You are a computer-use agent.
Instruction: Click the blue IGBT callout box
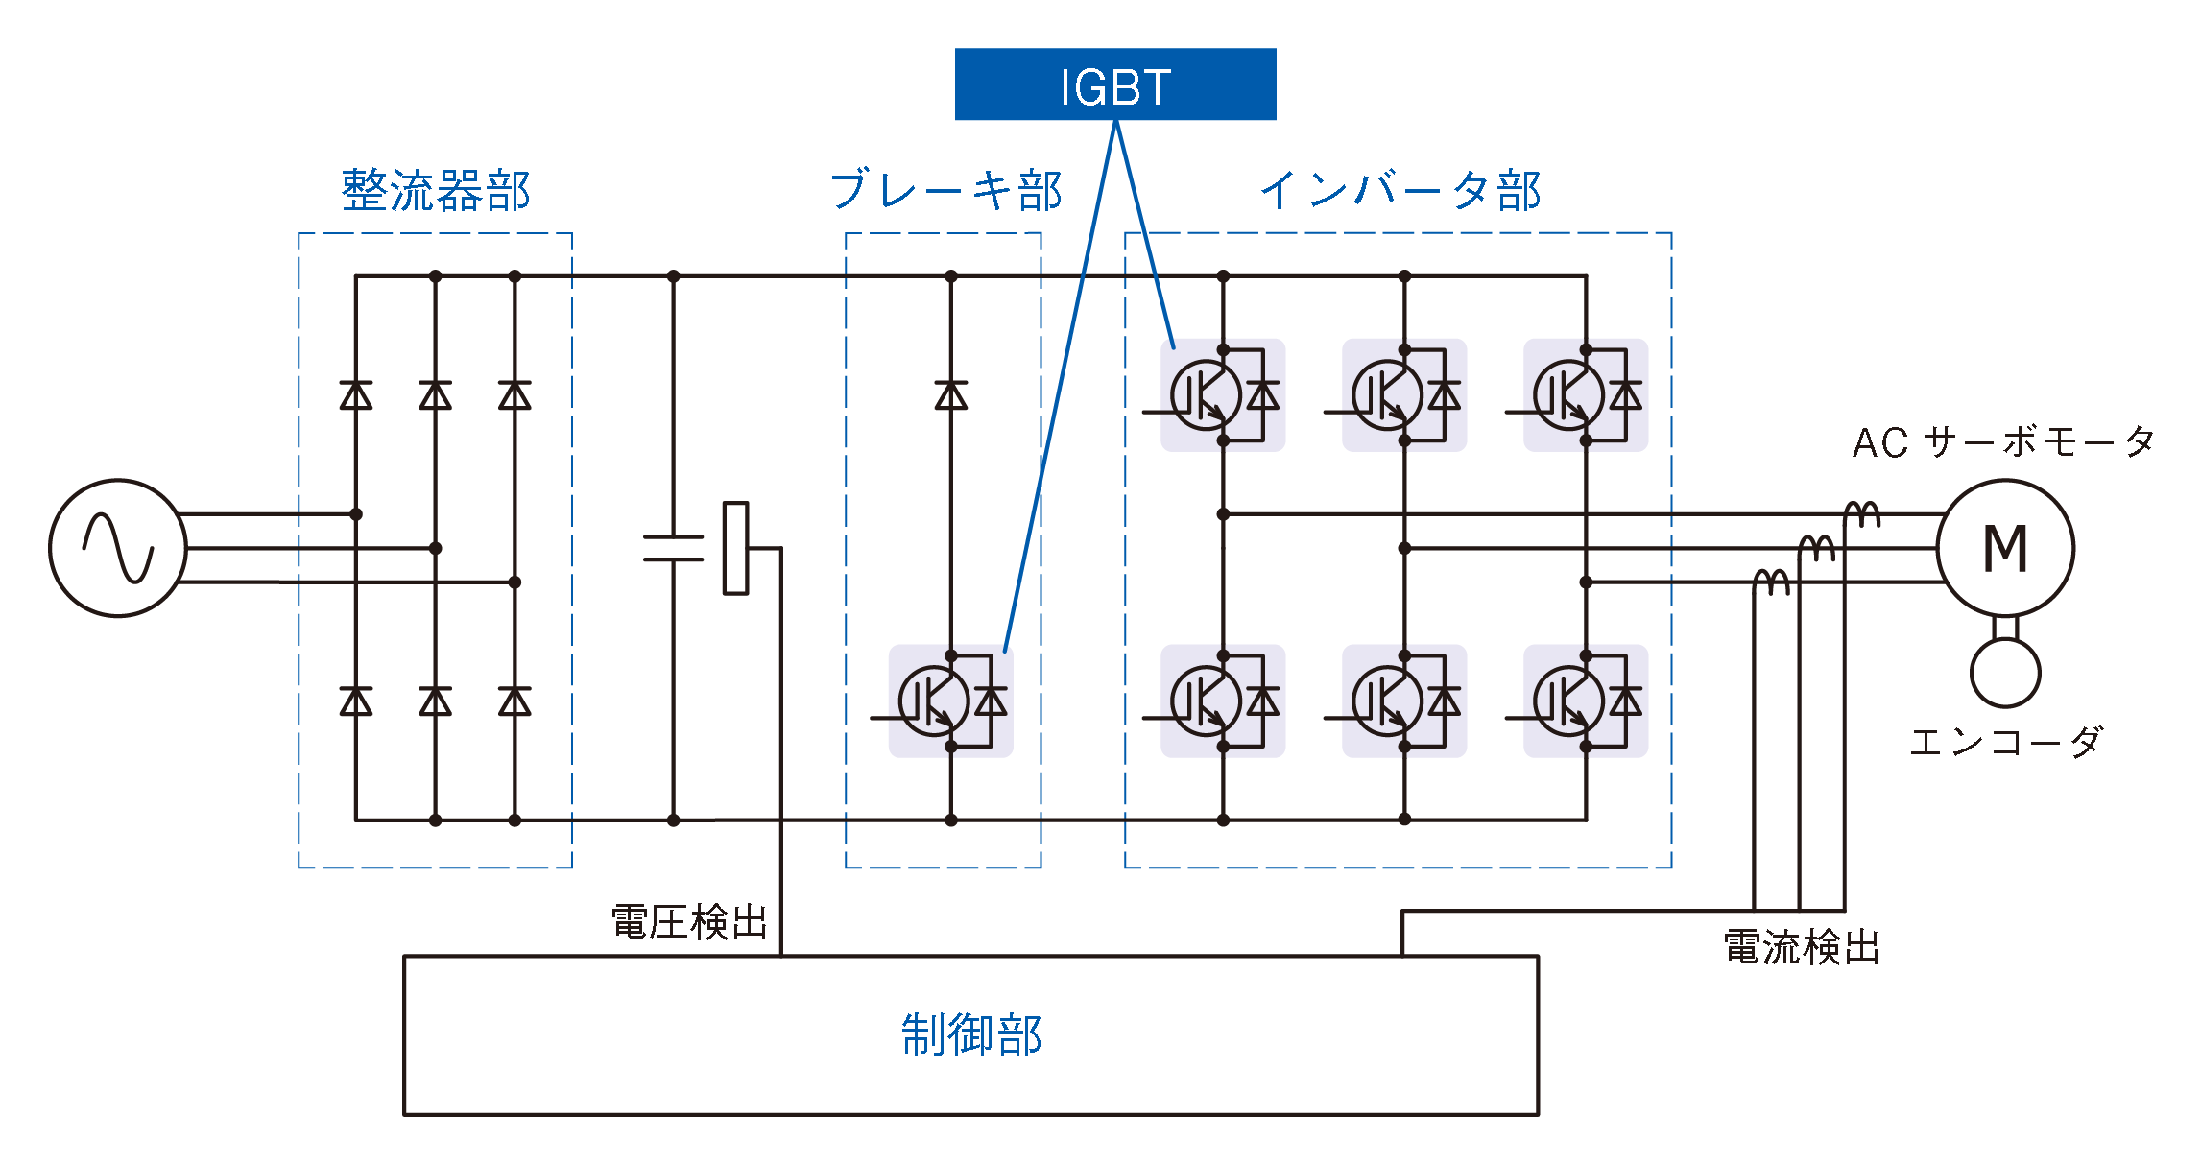tap(1114, 84)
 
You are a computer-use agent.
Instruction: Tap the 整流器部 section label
tap(436, 190)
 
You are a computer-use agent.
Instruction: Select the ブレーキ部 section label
tap(945, 190)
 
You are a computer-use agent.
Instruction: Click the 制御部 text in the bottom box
tap(971, 1034)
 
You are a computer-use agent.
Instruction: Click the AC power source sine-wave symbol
tap(118, 548)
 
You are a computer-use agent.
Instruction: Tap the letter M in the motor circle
tap(2005, 549)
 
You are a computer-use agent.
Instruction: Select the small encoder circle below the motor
tap(2005, 673)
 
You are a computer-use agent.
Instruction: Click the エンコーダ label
tap(2006, 742)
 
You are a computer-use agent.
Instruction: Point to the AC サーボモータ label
tap(2003, 442)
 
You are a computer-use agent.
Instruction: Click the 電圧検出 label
tap(689, 922)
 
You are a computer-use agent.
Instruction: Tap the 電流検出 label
tap(1801, 947)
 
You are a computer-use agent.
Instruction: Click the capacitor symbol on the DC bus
tap(673, 548)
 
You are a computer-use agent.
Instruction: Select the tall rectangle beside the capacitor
tap(735, 548)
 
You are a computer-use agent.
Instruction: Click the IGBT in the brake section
tap(934, 701)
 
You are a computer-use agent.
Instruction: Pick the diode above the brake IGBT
tap(951, 395)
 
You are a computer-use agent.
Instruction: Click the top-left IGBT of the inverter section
tap(1206, 394)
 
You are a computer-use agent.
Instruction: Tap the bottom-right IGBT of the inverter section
tap(1568, 701)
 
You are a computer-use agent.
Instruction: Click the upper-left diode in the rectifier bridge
tap(356, 395)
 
